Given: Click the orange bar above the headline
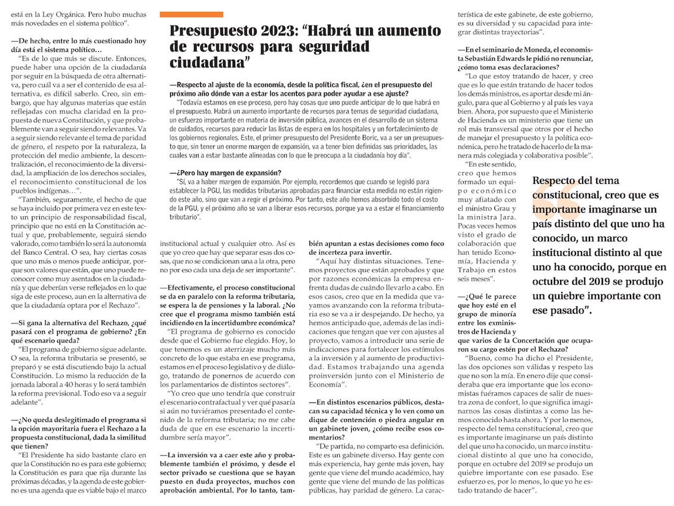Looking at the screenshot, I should pyautogui.click(x=191, y=14).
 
